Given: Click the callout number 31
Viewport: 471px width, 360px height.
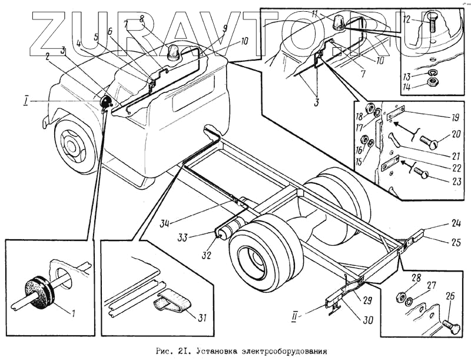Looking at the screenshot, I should coord(202,318).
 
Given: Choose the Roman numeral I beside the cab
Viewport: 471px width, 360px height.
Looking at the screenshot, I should coord(26,101).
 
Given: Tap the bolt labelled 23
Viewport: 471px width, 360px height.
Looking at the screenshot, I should coord(420,173).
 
